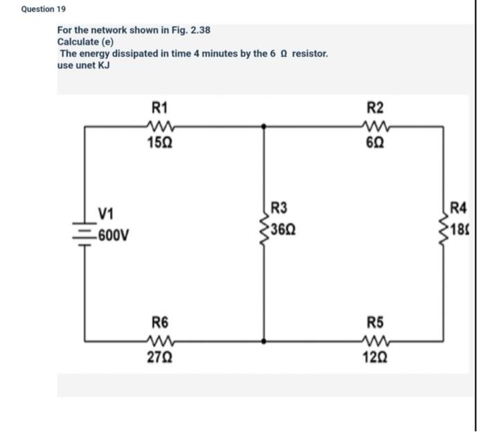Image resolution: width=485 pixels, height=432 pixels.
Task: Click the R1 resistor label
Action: [x=159, y=107]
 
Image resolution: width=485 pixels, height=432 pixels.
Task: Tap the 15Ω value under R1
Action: [x=160, y=144]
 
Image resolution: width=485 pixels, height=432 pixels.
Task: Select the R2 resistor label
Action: [x=375, y=107]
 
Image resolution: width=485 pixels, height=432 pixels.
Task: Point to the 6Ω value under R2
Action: [x=375, y=144]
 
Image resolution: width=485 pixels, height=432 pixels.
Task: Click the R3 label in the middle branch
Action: [x=279, y=207]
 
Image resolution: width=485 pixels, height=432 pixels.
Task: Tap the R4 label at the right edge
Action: [x=459, y=207]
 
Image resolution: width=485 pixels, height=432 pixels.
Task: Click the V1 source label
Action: [x=107, y=212]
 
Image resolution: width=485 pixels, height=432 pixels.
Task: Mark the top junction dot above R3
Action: [x=263, y=126]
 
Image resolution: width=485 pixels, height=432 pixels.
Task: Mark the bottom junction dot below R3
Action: [x=263, y=340]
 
